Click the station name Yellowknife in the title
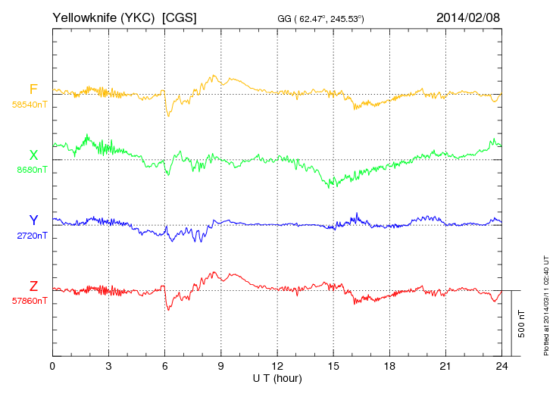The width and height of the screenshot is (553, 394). pyautogui.click(x=80, y=17)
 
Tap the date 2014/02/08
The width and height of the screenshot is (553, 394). pyautogui.click(x=468, y=17)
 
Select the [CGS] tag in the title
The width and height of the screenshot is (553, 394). pyautogui.click(x=180, y=17)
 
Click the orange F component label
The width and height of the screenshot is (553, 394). pyautogui.click(x=33, y=89)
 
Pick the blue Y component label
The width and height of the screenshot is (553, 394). pyautogui.click(x=33, y=220)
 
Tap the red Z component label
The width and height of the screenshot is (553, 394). pyautogui.click(x=33, y=286)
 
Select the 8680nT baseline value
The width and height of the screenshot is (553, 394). pyautogui.click(x=31, y=170)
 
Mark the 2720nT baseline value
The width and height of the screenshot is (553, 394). pyautogui.click(x=31, y=236)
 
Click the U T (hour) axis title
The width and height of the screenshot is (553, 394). pyautogui.click(x=277, y=377)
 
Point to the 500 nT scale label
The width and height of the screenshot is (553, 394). pyautogui.click(x=522, y=323)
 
